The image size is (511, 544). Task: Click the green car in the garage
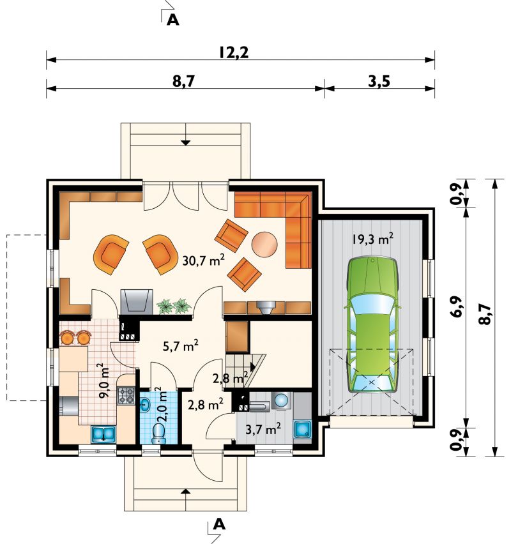(x=372, y=325)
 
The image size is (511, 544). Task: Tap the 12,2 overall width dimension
(x=234, y=53)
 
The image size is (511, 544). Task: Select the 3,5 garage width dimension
(x=379, y=81)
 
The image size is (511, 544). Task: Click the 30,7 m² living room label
(x=203, y=259)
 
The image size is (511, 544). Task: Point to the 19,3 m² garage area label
(x=372, y=239)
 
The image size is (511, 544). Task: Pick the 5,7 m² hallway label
(x=181, y=345)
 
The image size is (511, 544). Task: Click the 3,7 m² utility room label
(x=263, y=430)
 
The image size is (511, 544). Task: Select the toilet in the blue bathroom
(x=159, y=434)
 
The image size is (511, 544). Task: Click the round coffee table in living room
(x=264, y=245)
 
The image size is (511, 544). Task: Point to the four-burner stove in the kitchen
(x=126, y=396)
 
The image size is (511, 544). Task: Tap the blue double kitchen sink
(x=103, y=434)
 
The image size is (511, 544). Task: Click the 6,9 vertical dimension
(x=457, y=306)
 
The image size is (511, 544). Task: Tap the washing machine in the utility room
(x=282, y=400)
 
